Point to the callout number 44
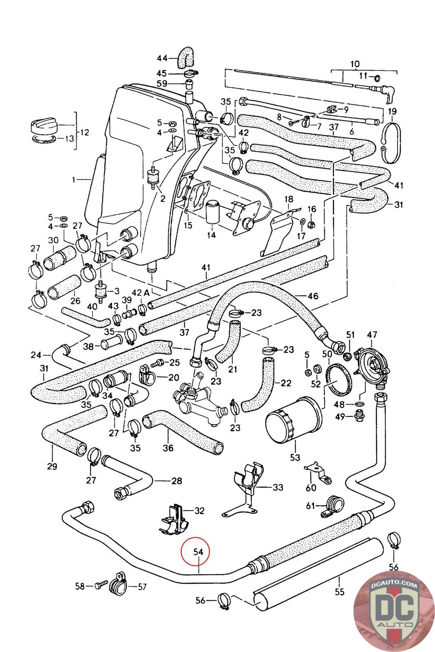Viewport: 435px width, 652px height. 162,58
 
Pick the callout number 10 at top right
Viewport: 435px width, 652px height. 355,64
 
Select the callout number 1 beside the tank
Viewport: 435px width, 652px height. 74,179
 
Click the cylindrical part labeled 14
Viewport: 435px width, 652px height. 213,211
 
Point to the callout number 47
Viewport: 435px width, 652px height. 371,335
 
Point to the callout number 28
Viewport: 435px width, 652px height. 176,481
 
